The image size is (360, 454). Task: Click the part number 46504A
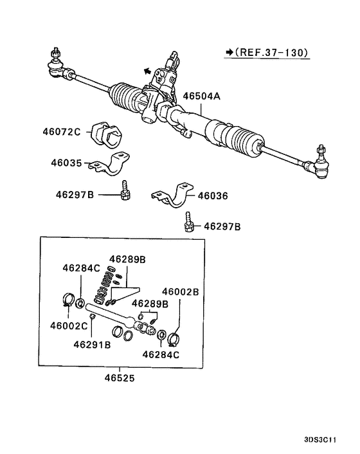pos(201,96)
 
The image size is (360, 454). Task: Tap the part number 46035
pos(66,163)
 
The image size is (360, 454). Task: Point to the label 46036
pos(212,195)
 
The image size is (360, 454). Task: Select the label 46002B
pos(180,291)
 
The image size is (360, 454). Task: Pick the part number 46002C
pos(71,325)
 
